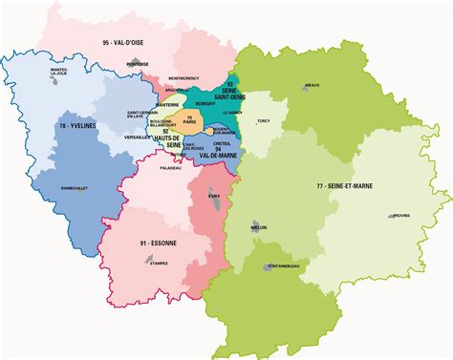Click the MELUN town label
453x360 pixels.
[257, 227]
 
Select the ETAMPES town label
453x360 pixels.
[158, 263]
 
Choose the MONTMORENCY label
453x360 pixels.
[183, 77]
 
